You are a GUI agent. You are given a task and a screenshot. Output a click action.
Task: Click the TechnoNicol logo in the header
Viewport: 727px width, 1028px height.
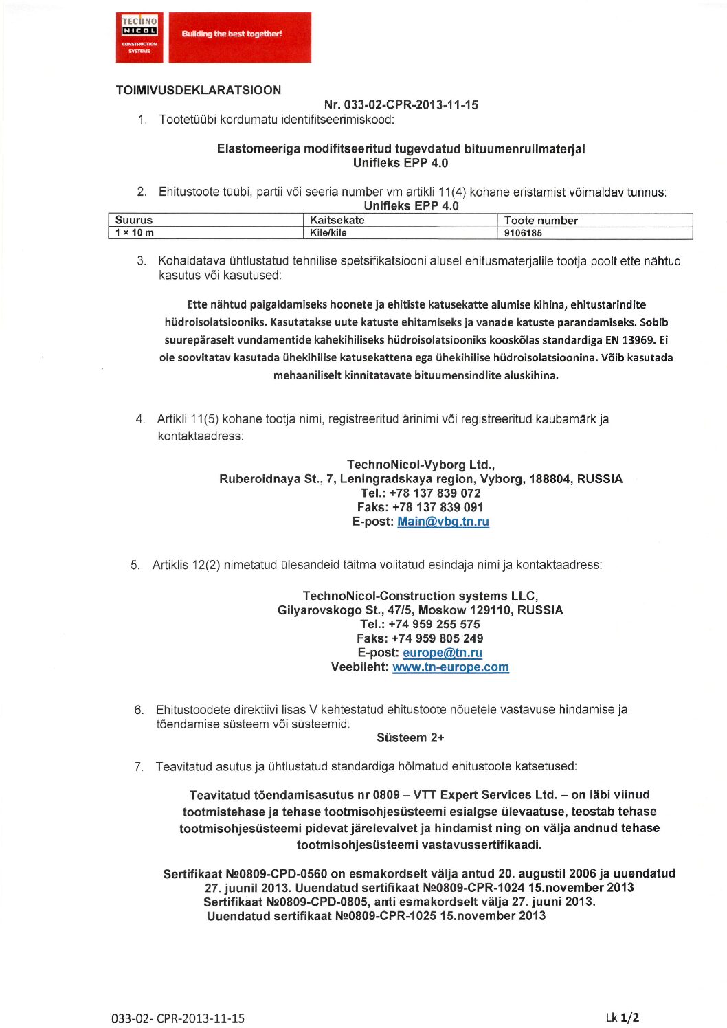[139, 37]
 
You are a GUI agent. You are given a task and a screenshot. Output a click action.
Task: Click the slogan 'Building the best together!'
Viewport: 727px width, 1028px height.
[232, 34]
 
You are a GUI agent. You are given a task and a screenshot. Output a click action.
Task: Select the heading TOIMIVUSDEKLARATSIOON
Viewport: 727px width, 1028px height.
[199, 90]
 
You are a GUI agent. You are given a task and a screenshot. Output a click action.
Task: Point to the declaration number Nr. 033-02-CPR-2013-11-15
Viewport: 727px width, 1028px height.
[401, 105]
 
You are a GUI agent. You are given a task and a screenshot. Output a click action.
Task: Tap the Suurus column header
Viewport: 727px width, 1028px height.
[134, 221]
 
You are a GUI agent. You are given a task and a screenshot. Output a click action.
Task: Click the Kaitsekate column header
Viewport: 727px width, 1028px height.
[337, 221]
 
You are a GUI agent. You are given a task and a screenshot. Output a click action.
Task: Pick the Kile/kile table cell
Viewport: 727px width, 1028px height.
[328, 233]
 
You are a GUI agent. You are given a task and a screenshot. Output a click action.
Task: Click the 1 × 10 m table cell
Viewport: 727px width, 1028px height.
[135, 233]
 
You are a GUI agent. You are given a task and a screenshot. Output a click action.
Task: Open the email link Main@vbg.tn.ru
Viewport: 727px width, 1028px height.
[443, 522]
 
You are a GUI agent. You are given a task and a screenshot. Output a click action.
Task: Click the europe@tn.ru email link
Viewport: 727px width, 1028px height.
[443, 653]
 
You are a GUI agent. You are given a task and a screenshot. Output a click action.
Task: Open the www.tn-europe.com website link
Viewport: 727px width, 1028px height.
[451, 667]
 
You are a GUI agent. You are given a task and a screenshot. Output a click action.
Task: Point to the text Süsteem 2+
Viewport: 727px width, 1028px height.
[410, 738]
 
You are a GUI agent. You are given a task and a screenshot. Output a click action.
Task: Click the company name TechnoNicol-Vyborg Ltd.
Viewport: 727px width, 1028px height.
[421, 465]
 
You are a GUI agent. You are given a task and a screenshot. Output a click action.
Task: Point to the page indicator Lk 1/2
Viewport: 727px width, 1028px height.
[623, 1018]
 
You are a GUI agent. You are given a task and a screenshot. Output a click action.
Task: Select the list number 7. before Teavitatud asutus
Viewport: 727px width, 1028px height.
[139, 767]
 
